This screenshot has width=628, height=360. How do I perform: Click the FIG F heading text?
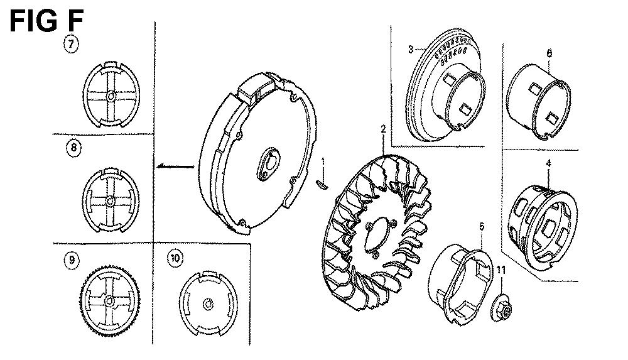tap(46, 21)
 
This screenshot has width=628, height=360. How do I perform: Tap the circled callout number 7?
tap(72, 44)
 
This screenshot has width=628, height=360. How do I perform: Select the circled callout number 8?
tap(73, 148)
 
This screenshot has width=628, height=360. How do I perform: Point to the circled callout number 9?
tap(72, 259)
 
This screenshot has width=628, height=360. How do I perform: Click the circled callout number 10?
tap(175, 258)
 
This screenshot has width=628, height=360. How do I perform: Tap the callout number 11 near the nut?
tap(501, 270)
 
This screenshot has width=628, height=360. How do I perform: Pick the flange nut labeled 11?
tap(501, 308)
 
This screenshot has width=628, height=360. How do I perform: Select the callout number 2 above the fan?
tap(383, 129)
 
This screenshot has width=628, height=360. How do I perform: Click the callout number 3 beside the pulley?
tap(411, 49)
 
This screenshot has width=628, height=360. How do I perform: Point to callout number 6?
tap(549, 53)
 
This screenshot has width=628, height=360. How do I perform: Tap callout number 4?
tap(549, 163)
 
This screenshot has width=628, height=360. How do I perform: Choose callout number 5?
tap(482, 227)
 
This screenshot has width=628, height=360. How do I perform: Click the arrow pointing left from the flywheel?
tap(175, 166)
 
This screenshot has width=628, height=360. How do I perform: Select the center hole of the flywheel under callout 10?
tap(208, 303)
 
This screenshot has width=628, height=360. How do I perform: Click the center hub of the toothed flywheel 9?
tap(109, 301)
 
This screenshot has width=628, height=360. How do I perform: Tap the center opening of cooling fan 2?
tap(376, 236)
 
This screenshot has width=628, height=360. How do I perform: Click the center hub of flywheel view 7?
tap(111, 96)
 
